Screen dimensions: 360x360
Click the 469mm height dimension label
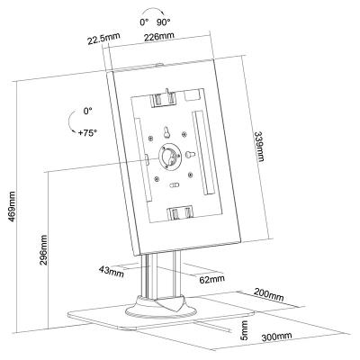coord(12,207)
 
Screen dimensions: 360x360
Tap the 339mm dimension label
coord(259,146)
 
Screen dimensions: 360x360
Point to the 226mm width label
coord(159,37)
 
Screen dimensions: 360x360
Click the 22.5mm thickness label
coord(103,38)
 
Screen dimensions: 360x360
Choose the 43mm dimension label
coord(112,272)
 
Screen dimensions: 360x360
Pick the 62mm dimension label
coord(212,279)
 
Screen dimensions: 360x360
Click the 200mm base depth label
coord(269,294)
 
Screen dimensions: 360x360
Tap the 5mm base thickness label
coord(245,330)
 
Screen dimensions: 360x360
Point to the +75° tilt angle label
coord(87,133)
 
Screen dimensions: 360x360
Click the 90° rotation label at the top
coord(163,22)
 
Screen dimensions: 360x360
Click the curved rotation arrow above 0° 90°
coord(153,10)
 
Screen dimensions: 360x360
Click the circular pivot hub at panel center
coord(169,157)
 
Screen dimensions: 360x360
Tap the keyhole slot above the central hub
coord(166,132)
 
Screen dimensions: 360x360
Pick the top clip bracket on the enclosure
coord(164,98)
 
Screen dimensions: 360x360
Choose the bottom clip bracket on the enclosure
coord(180,213)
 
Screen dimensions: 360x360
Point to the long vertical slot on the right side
coord(203,153)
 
